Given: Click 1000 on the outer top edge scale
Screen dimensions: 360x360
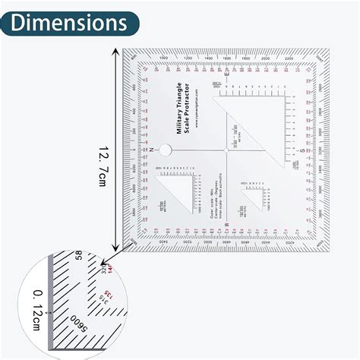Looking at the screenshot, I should (164, 58).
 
